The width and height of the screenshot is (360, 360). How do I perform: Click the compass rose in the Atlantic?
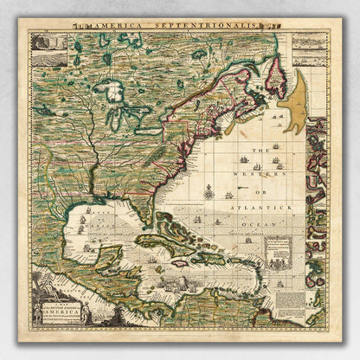(209, 191)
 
